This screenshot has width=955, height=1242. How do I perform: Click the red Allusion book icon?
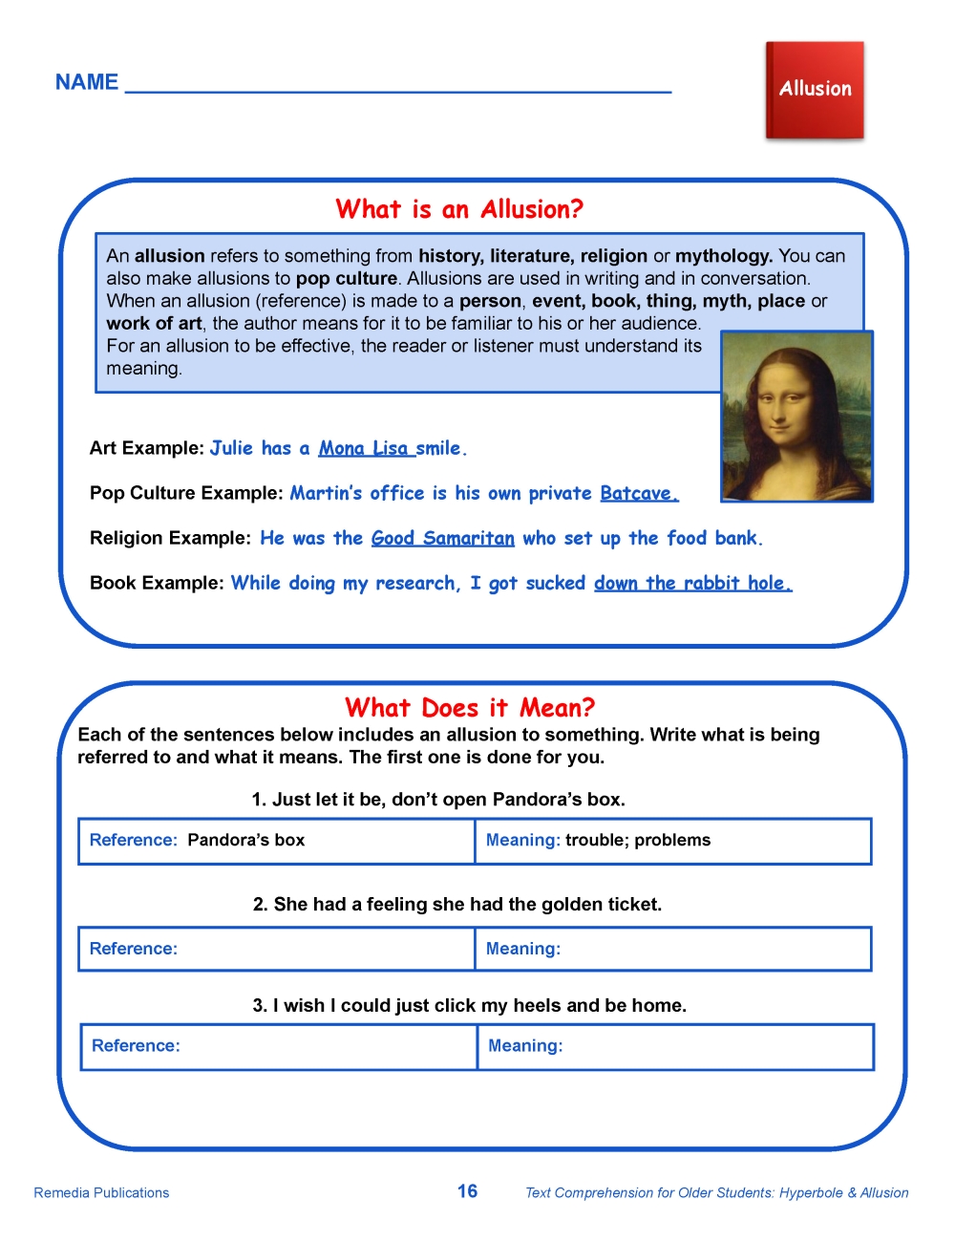click(815, 91)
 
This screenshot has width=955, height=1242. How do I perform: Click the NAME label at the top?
click(87, 82)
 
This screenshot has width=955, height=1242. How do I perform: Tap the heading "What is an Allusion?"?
click(459, 209)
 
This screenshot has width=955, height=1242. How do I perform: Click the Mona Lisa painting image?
click(796, 417)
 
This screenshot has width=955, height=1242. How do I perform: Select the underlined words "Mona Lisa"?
click(364, 448)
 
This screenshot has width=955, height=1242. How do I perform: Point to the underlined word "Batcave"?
click(638, 493)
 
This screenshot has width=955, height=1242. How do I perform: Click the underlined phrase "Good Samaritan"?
click(442, 538)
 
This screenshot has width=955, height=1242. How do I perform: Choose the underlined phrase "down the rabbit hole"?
click(692, 583)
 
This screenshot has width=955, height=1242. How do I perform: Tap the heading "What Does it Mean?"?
click(470, 708)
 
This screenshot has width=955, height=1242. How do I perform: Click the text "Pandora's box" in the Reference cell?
click(246, 840)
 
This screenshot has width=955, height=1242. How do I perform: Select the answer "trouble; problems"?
click(638, 840)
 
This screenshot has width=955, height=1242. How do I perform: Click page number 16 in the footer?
click(467, 1191)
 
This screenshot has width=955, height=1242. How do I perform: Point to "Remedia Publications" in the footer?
click(101, 1192)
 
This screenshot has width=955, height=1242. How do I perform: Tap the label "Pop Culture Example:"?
click(186, 493)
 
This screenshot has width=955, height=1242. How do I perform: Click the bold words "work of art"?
click(154, 323)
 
